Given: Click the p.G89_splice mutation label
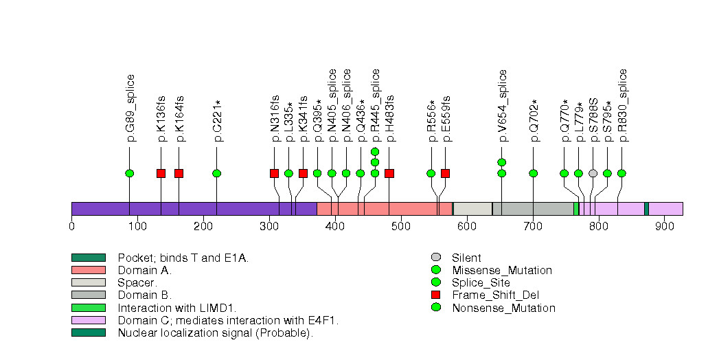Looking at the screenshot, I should (x=130, y=108).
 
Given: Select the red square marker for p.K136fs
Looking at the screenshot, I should (x=161, y=173).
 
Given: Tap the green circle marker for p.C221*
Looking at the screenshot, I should (x=217, y=173).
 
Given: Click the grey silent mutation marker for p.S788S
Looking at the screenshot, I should (x=593, y=173).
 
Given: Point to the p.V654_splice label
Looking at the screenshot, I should (x=503, y=106).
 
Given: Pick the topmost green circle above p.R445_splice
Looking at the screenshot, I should (x=375, y=152).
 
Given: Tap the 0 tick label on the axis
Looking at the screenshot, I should (x=71, y=226).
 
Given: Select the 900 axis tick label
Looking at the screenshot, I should (x=665, y=226).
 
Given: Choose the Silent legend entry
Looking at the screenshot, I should (x=466, y=258).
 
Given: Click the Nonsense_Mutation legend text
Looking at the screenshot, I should (x=503, y=308).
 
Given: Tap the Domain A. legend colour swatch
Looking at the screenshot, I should (x=88, y=271).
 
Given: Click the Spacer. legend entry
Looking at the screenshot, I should (x=137, y=283).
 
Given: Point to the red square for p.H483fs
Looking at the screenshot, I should (x=389, y=173).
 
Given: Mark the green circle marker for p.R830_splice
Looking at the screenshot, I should (x=621, y=173).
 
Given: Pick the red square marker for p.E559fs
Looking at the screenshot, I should (x=445, y=173).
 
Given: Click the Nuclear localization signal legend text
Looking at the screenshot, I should (x=215, y=333).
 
